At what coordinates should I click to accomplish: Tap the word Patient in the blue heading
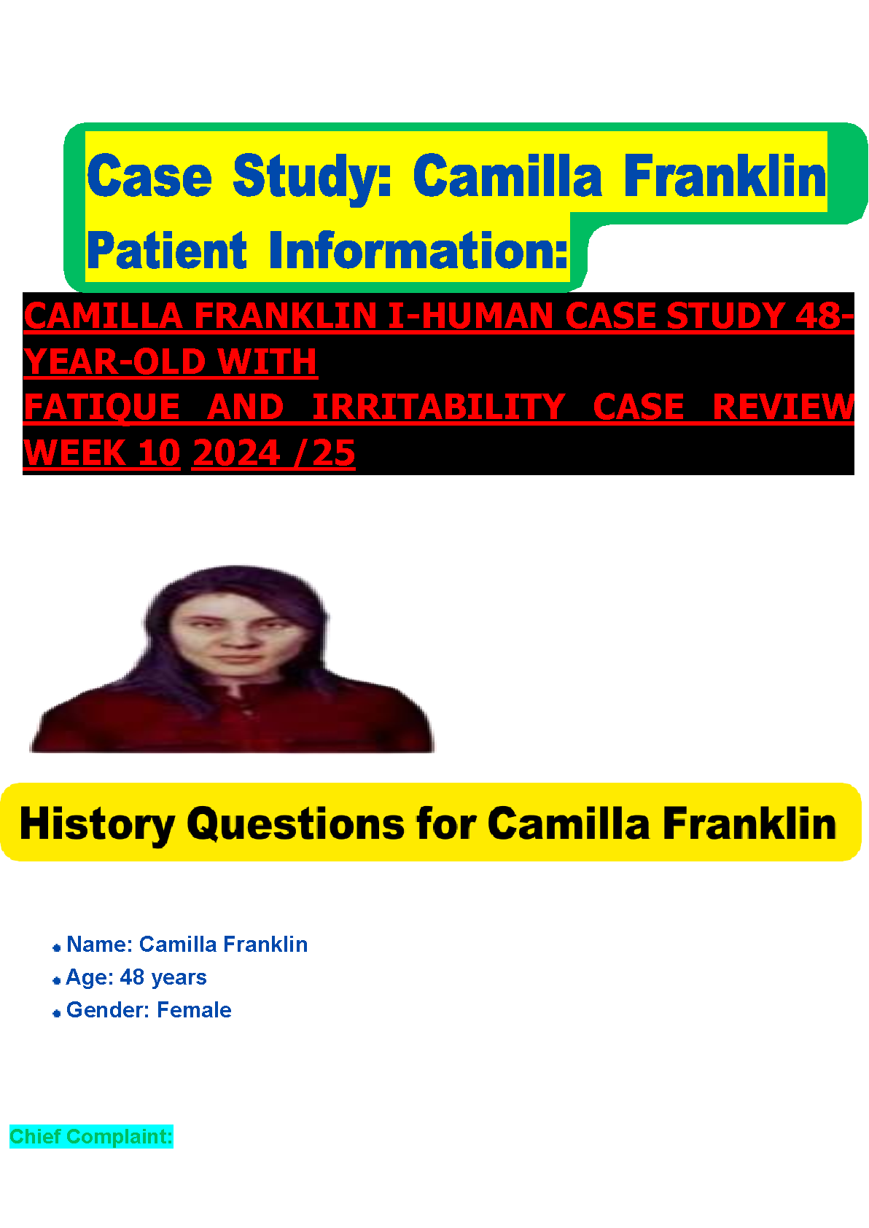pyautogui.click(x=167, y=251)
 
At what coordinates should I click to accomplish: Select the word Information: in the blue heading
pyautogui.click(x=418, y=251)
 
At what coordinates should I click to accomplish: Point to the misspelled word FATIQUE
pyautogui.click(x=102, y=407)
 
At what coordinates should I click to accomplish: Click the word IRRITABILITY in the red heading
pyautogui.click(x=439, y=407)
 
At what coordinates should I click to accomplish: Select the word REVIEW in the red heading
pyautogui.click(x=783, y=407)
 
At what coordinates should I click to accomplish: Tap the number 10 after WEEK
pyautogui.click(x=159, y=453)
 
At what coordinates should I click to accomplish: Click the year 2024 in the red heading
pyautogui.click(x=236, y=453)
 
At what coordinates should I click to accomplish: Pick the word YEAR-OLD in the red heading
pyautogui.click(x=114, y=361)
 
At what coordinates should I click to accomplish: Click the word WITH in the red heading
pyautogui.click(x=267, y=361)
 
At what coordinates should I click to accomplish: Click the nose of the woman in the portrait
pyautogui.click(x=238, y=638)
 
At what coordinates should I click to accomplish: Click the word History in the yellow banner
pyautogui.click(x=98, y=824)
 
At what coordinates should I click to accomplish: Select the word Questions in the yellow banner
pyautogui.click(x=295, y=824)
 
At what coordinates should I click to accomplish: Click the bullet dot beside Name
pyautogui.click(x=56, y=948)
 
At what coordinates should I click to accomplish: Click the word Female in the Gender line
pyautogui.click(x=194, y=1010)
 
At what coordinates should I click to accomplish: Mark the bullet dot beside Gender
pyautogui.click(x=56, y=1014)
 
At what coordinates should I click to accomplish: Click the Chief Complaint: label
pyautogui.click(x=92, y=1136)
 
